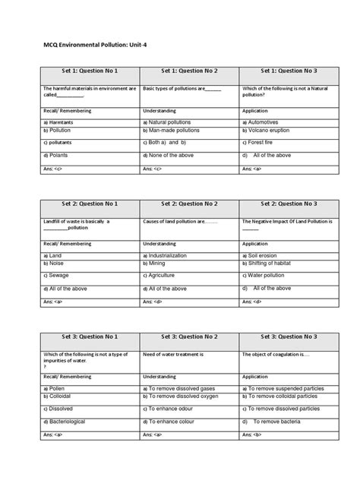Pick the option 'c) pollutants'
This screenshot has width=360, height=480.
click(58, 142)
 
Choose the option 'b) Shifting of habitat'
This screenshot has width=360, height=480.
click(271, 263)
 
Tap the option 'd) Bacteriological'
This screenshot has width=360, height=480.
click(64, 422)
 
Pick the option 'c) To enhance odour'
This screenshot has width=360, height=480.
click(173, 409)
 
